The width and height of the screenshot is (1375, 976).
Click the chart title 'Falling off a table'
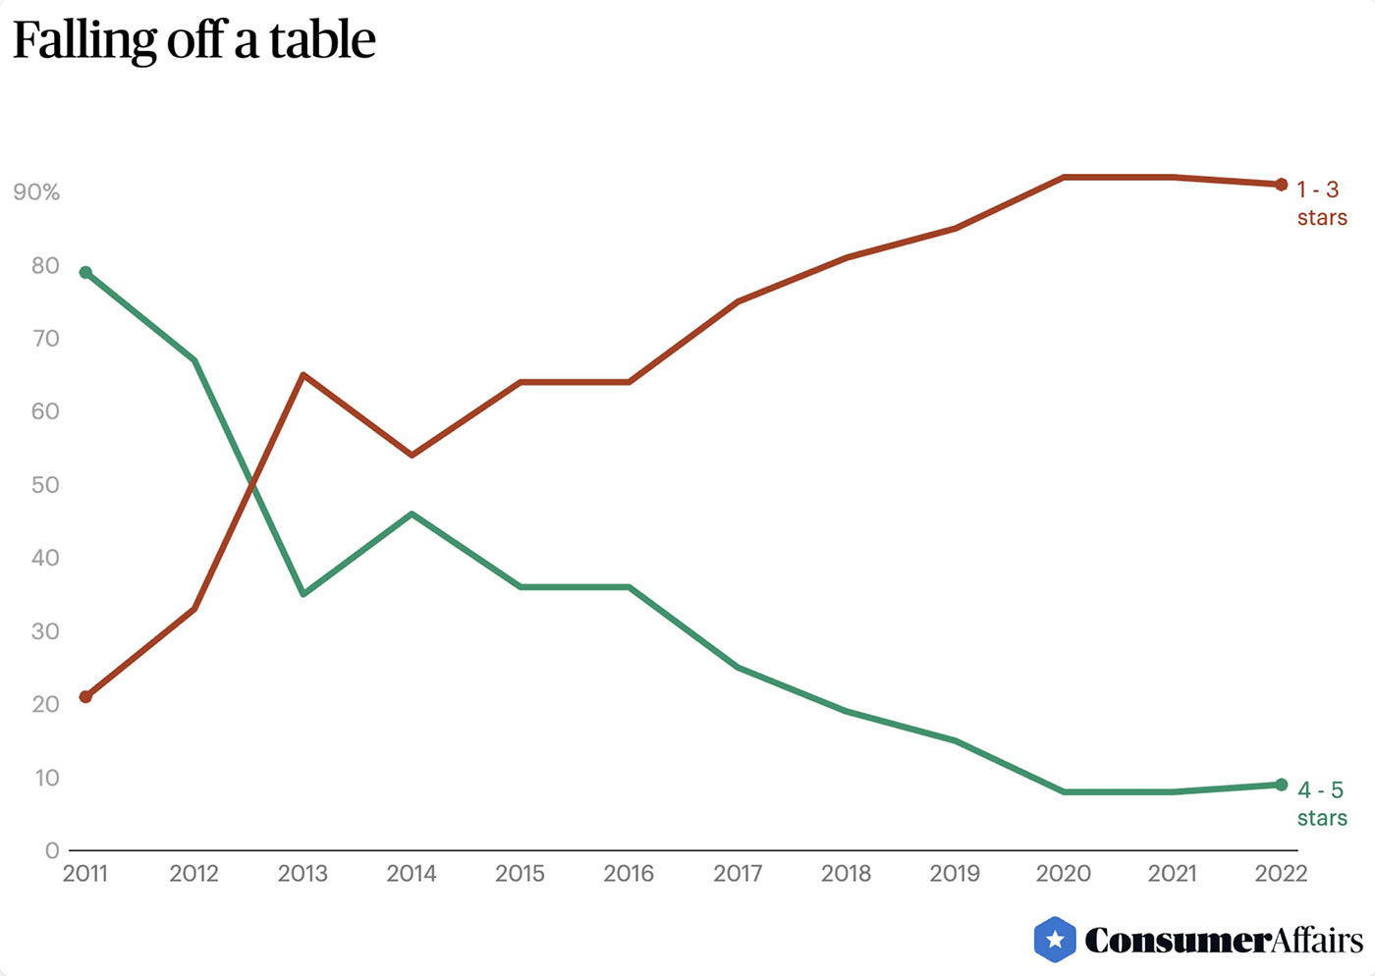[x=193, y=40]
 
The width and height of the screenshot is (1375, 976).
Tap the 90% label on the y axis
[x=36, y=192]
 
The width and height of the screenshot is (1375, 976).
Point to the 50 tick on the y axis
[x=45, y=485]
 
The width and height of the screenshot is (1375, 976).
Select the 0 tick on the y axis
[x=52, y=850]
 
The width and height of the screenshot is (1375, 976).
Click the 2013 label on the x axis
[x=302, y=873]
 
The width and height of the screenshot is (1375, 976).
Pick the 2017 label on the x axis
[x=738, y=873]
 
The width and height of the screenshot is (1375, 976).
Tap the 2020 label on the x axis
[x=1064, y=873]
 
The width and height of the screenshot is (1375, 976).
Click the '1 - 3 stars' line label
[x=1320, y=203]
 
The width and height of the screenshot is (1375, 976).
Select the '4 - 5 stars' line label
[x=1321, y=803]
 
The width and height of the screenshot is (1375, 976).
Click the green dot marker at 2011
[x=85, y=272]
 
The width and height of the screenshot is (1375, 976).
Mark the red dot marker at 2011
[x=85, y=697]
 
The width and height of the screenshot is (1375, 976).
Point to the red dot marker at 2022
[x=1281, y=185]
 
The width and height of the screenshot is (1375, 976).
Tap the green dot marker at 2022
[x=1281, y=785]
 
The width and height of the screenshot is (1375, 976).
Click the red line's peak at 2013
[x=303, y=375]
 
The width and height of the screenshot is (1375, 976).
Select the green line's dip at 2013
[x=303, y=594]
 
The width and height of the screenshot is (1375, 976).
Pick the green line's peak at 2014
[x=412, y=514]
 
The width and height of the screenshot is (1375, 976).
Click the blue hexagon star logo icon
[x=1055, y=940]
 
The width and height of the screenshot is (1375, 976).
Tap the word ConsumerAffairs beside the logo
[x=1224, y=941]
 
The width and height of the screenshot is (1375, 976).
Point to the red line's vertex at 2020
[x=1064, y=177]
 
